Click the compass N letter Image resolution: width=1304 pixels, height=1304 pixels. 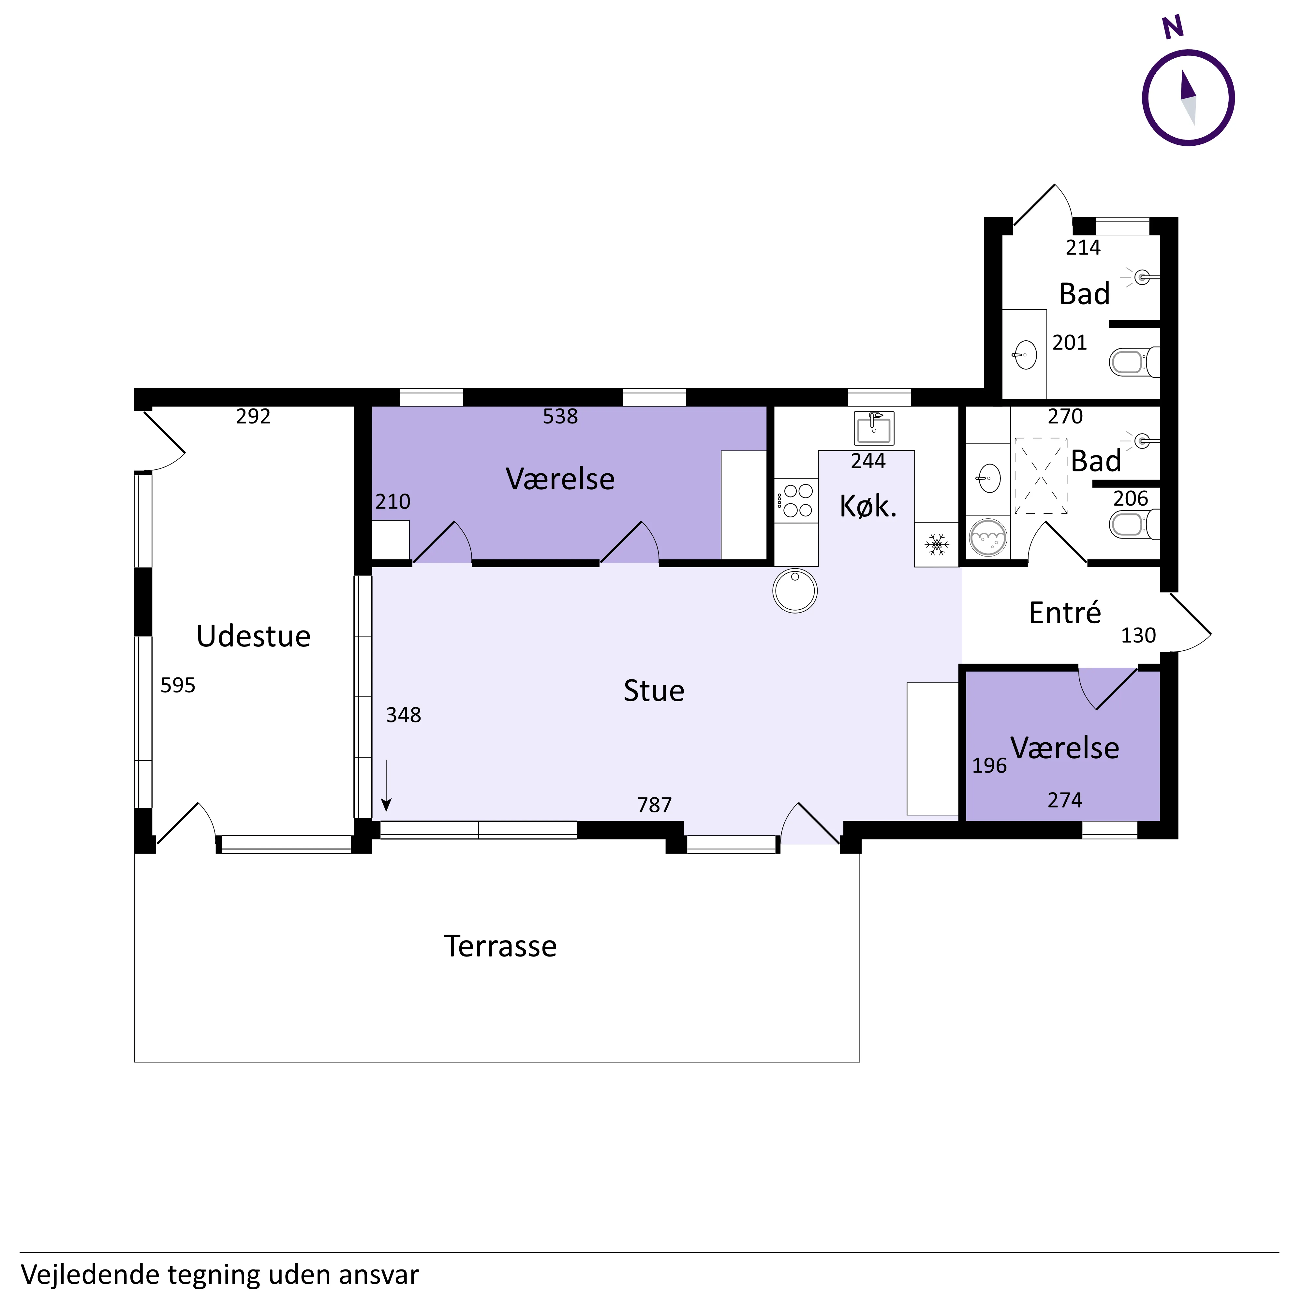[1173, 27]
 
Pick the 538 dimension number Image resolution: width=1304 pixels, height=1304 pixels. [560, 416]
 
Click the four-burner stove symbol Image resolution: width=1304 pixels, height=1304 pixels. [796, 500]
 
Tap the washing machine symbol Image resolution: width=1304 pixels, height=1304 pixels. [988, 537]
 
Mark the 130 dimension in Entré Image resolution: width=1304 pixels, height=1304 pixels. [1139, 635]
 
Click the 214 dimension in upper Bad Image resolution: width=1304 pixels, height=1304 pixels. [1083, 248]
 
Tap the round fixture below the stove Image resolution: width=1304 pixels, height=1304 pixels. [795, 591]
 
